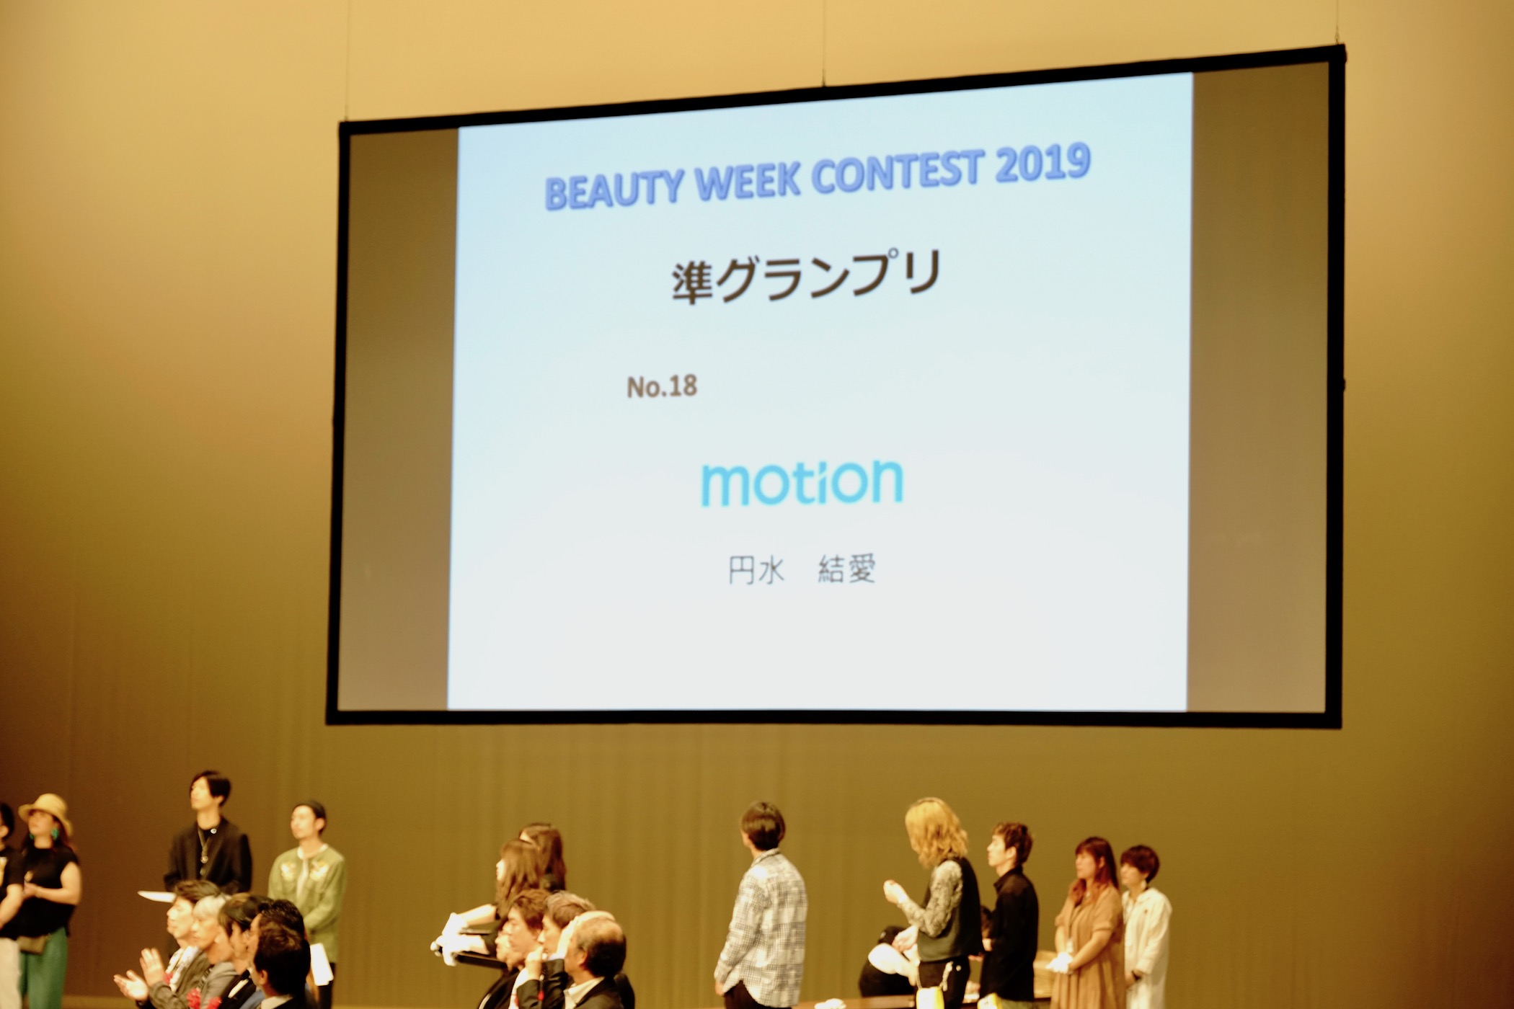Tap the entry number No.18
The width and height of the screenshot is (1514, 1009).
tap(662, 387)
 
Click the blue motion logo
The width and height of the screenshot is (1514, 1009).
tap(802, 483)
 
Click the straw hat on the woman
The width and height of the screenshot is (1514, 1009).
tap(46, 812)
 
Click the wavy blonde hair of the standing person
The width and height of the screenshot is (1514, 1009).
tap(935, 833)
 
